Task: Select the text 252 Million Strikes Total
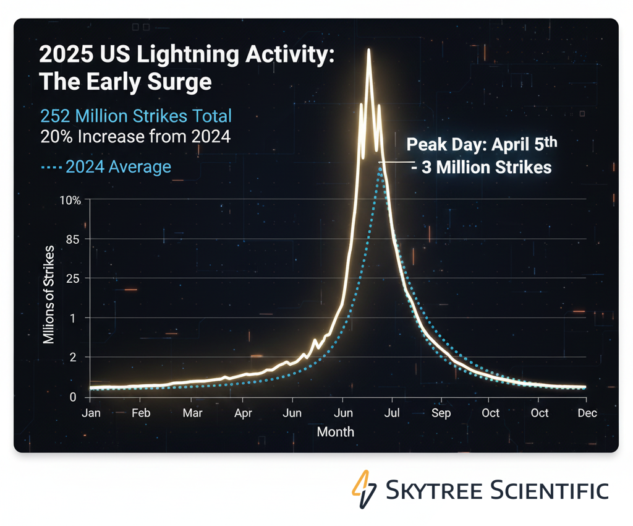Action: point(135,116)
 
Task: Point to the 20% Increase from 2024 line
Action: point(135,137)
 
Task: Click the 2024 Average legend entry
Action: point(106,167)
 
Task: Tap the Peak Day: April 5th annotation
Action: point(482,145)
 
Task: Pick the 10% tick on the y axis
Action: point(71,200)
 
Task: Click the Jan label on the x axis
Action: point(91,413)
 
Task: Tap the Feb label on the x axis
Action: point(142,413)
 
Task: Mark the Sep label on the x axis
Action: point(441,413)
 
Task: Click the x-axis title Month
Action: point(336,432)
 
